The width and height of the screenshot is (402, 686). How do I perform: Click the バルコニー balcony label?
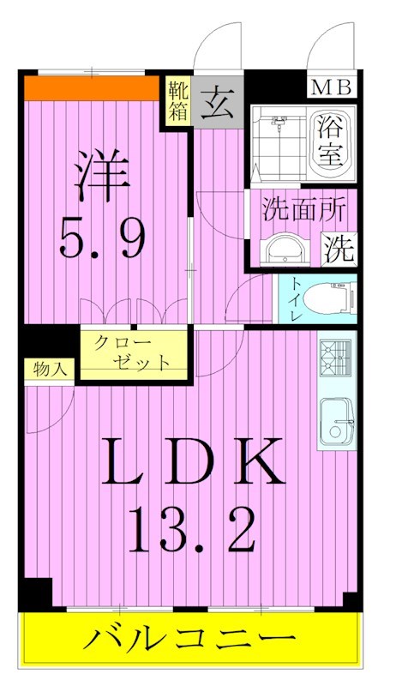[190, 639]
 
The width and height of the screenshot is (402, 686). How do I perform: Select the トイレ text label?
[296, 300]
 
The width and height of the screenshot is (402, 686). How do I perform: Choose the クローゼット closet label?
[133, 352]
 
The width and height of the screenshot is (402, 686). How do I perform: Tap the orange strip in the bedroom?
[93, 88]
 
